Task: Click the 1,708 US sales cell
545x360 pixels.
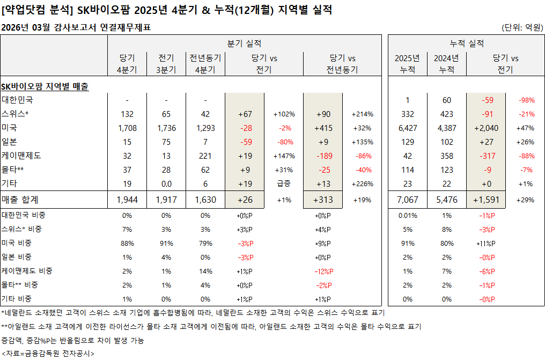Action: click(127, 128)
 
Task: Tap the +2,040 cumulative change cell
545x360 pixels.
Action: click(486, 128)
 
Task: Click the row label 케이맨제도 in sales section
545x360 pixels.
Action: click(21, 156)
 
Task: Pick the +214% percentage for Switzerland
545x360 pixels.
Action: click(362, 114)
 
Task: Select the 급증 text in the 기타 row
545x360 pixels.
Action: click(284, 183)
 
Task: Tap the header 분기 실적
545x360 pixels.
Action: click(244, 43)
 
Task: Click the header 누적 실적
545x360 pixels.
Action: click(466, 43)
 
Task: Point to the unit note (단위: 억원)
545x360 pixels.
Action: click(521, 27)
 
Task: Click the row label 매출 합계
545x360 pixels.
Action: click(21, 200)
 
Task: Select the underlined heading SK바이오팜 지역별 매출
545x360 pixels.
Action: click(45, 86)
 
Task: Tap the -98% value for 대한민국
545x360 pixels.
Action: click(525, 100)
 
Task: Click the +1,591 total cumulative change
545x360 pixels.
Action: click(486, 200)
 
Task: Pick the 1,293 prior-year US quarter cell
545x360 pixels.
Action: click(205, 128)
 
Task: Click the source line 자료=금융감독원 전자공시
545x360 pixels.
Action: click(48, 354)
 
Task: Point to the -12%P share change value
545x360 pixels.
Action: click(324, 271)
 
